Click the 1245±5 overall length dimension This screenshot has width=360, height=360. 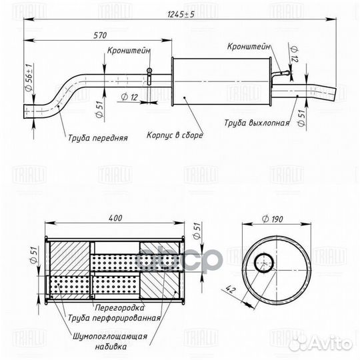pyautogui.click(x=180, y=15)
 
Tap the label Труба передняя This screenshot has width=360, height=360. pyautogui.click(x=97, y=139)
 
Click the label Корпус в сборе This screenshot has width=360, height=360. pyautogui.click(x=175, y=135)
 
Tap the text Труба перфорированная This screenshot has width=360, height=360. pyautogui.click(x=114, y=318)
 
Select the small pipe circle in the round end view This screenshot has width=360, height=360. pyautogui.click(x=264, y=263)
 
